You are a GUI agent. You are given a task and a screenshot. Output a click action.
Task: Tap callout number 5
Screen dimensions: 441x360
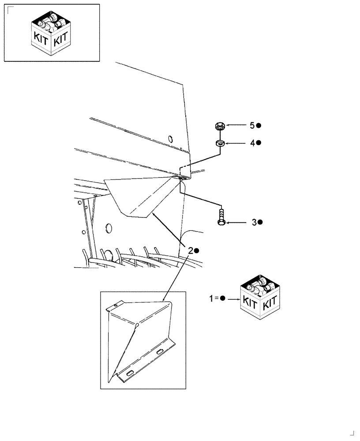252,126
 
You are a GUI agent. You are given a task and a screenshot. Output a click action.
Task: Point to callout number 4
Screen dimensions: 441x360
252,143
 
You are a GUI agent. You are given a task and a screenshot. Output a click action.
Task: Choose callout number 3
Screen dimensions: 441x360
254,223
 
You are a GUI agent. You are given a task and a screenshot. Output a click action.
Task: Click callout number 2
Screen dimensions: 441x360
190,250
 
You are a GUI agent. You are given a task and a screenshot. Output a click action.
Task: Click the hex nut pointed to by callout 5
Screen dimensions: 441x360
219,126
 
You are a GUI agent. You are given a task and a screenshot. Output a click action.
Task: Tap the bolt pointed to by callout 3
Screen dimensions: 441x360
221,217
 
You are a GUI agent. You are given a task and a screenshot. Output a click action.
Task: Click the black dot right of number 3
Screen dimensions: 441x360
261,223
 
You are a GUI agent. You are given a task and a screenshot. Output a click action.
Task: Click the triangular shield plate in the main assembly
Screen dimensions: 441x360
137,194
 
